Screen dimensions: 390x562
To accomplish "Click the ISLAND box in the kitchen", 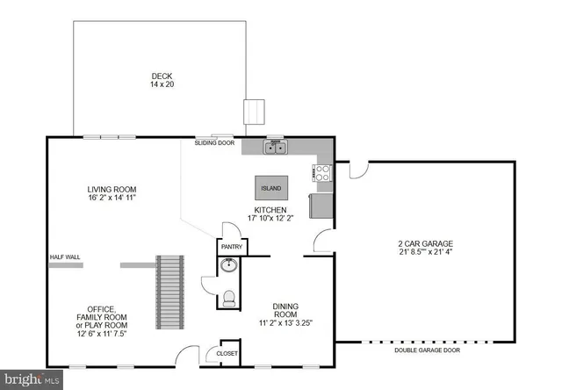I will (270, 188).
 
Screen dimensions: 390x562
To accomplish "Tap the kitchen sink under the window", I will (276, 148).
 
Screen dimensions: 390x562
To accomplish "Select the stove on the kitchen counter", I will (322, 173).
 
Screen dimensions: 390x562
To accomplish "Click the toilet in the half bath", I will (229, 298).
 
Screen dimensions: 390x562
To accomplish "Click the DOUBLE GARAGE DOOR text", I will (427, 350).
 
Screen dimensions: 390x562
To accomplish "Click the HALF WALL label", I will (65, 257).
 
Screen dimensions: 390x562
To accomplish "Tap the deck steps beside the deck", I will (254, 112).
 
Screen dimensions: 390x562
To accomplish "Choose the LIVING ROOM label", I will (112, 189).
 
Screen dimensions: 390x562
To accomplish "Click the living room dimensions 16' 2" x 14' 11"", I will (112, 198).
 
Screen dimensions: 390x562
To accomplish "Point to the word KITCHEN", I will (270, 211).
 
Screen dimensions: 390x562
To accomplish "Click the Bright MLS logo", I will (32, 379).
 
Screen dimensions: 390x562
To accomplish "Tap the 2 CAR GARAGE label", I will (427, 243).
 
